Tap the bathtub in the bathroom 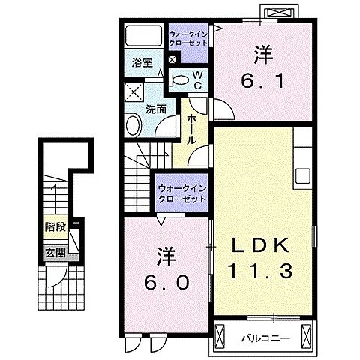tap(143, 37)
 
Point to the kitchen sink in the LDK tap(303, 178)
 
